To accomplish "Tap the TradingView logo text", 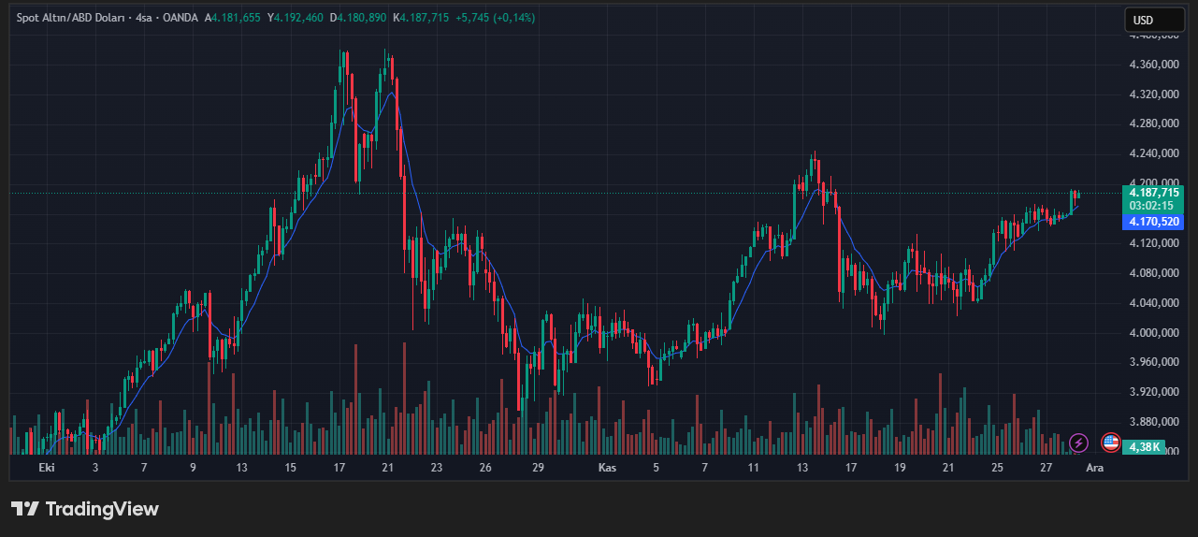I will [85, 509].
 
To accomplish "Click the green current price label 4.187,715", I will [1155, 192].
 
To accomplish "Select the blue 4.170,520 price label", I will [1155, 222].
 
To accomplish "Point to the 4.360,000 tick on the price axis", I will [1156, 65].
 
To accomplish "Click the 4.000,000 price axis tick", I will [1156, 332].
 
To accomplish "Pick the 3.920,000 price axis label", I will [1156, 392].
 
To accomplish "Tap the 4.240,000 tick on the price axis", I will [1156, 153].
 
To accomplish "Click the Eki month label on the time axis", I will [47, 467].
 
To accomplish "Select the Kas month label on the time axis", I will [607, 467].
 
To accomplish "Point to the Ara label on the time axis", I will [1094, 467].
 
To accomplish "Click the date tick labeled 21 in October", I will [387, 467].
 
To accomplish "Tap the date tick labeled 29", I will [538, 467].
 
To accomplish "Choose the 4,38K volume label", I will [1145, 446].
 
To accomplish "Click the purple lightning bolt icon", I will [1079, 443].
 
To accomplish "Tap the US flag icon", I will [1111, 443].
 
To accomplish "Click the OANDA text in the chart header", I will [181, 18].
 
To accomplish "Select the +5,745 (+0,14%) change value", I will [496, 18].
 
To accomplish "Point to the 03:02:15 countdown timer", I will [1151, 205].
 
